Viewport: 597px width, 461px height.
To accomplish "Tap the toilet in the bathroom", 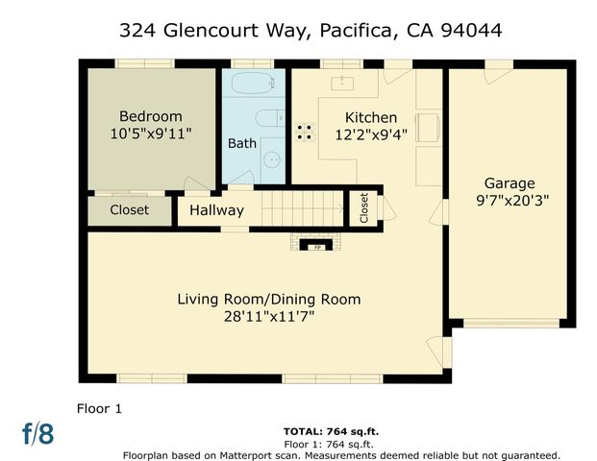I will [x=268, y=119].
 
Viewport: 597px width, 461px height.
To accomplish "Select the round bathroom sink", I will [x=271, y=160].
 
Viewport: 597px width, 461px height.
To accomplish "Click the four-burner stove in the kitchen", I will [x=305, y=132].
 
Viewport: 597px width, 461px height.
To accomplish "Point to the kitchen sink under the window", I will [x=340, y=82].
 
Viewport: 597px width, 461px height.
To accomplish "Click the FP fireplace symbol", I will [x=314, y=246].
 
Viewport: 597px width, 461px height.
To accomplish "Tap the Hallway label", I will [x=216, y=210].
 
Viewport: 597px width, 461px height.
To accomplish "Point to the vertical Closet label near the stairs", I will [x=364, y=208].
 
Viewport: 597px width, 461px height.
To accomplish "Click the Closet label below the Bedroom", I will [x=129, y=210].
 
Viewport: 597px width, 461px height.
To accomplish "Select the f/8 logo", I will [x=38, y=433].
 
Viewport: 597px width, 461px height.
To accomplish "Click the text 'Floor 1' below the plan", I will [x=99, y=408].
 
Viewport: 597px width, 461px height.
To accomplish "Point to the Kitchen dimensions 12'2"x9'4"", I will [x=370, y=135].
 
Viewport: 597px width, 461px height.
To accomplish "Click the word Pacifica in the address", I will [x=354, y=31].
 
